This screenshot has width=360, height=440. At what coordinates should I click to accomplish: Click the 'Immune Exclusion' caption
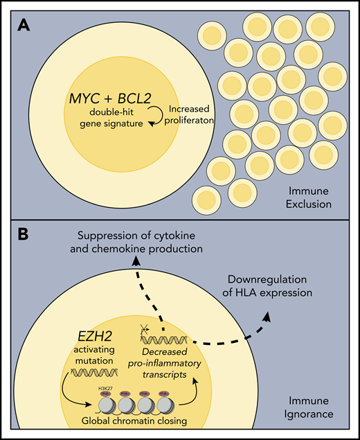312,197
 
